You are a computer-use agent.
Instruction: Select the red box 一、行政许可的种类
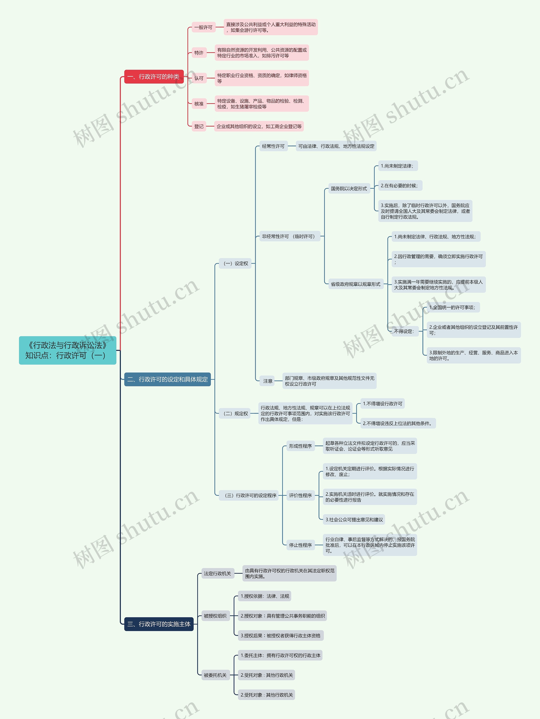click(x=154, y=77)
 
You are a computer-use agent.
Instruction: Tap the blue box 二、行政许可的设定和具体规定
click(x=167, y=379)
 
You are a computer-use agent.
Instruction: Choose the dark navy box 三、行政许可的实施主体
click(x=159, y=624)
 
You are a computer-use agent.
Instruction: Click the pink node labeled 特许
click(x=199, y=53)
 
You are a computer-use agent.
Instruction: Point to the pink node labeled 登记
click(x=199, y=126)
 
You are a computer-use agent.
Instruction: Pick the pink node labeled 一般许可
click(x=203, y=27)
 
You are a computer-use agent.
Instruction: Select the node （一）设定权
click(x=235, y=263)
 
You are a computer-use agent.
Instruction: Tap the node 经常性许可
click(x=273, y=146)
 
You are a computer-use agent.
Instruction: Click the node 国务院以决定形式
click(x=349, y=188)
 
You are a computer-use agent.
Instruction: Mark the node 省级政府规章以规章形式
click(x=355, y=284)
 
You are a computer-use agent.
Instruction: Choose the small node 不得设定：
click(x=405, y=331)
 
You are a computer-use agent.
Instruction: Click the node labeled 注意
click(x=268, y=381)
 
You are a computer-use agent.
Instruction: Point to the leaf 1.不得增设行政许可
click(x=382, y=404)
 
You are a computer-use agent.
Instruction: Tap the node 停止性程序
click(x=300, y=545)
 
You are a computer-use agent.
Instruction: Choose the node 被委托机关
click(x=215, y=675)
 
